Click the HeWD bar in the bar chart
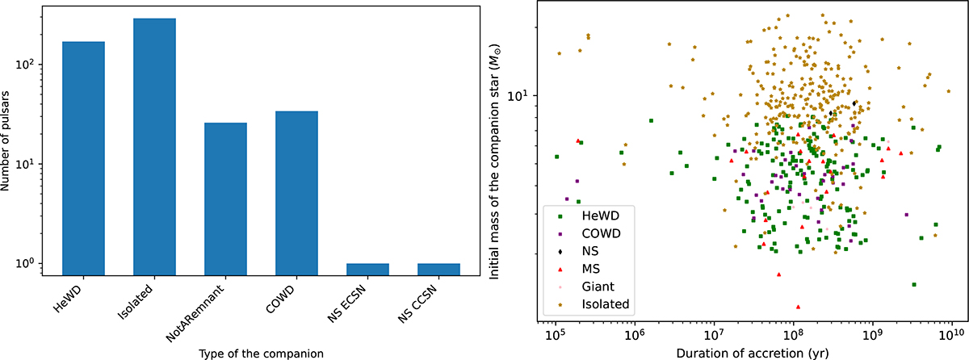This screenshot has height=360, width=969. (83, 157)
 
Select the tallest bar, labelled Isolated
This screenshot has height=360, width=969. (154, 145)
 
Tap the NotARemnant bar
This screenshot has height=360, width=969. (225, 198)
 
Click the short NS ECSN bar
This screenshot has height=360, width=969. (367, 270)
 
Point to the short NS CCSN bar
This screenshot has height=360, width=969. (438, 270)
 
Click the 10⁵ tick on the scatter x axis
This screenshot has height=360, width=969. (555, 333)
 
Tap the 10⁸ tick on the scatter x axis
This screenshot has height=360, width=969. (793, 333)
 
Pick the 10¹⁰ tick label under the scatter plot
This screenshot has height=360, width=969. (950, 333)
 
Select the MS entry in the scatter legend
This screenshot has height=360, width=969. (592, 268)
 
